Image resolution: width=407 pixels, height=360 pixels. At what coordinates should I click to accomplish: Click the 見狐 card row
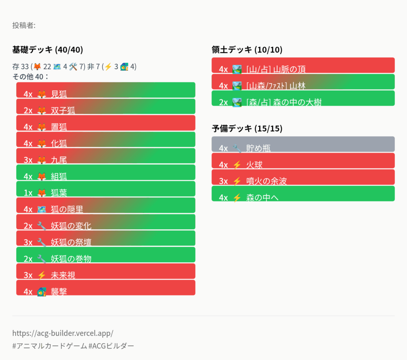[106, 90]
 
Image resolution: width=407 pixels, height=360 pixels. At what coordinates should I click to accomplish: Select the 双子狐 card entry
[106, 106]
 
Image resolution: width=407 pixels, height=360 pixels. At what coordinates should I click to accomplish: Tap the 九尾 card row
[106, 156]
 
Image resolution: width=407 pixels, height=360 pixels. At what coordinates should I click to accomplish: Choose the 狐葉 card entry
[106, 189]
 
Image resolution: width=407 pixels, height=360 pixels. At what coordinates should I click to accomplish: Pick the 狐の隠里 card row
[106, 205]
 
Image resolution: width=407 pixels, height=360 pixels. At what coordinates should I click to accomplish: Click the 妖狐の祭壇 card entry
[106, 238]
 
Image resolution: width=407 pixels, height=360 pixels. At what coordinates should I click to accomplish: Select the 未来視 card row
[106, 271]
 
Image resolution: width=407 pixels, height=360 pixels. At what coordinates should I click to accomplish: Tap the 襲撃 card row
[106, 288]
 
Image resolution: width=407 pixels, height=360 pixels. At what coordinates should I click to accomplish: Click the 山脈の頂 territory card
[303, 65]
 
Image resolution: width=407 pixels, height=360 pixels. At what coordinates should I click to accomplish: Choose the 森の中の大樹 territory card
[303, 98]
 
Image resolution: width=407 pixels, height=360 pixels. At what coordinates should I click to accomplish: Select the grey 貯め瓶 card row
[303, 144]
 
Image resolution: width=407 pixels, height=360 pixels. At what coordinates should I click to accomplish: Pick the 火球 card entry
[303, 161]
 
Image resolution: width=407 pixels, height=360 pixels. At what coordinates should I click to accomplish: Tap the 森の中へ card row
[303, 194]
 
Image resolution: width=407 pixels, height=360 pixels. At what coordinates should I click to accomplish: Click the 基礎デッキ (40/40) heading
[48, 50]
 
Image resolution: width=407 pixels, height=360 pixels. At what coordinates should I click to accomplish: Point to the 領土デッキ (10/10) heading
[247, 50]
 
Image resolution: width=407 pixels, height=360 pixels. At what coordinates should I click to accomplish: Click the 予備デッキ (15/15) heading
[247, 128]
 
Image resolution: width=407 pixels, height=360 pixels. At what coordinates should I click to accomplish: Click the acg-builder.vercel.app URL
[63, 333]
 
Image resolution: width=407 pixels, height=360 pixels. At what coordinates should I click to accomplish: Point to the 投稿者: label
[24, 25]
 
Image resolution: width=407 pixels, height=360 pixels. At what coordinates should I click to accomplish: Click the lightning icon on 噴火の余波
[237, 181]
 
